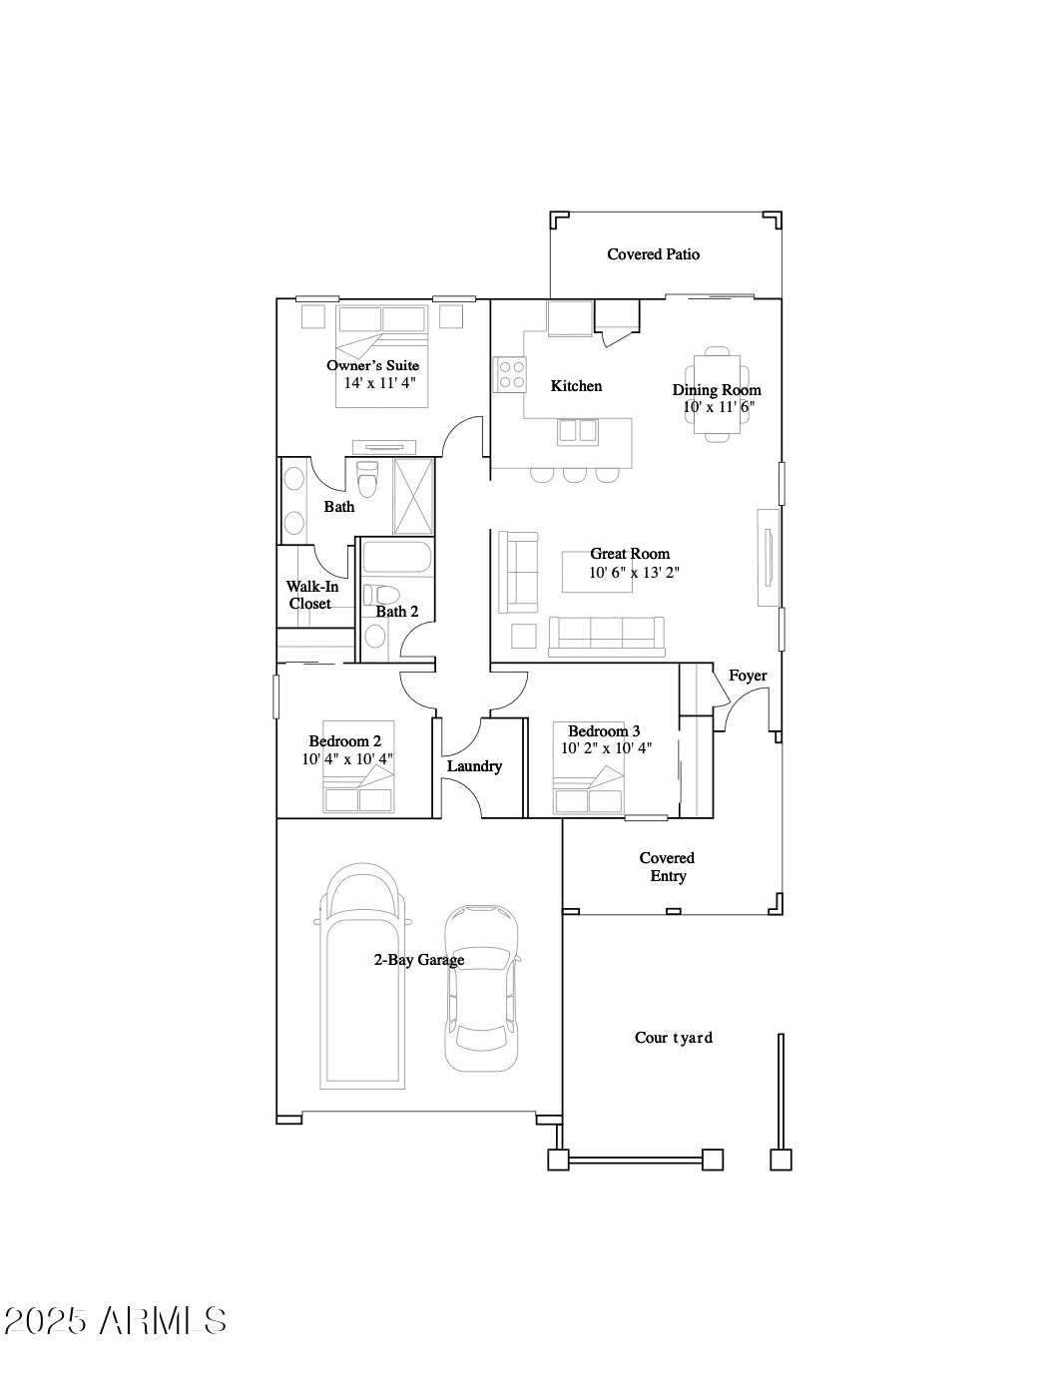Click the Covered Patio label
click(x=653, y=253)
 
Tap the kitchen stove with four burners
click(x=510, y=374)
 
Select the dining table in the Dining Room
click(x=717, y=394)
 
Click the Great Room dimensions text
click(x=634, y=572)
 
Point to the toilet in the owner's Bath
click(x=366, y=479)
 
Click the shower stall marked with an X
click(x=413, y=497)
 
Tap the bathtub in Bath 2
click(x=395, y=557)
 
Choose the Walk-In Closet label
click(x=311, y=595)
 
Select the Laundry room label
click(x=474, y=766)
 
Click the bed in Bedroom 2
click(x=358, y=766)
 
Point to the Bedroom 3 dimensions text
click(x=606, y=748)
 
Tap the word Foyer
click(x=748, y=676)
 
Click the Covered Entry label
click(x=667, y=866)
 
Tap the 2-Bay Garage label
click(x=419, y=960)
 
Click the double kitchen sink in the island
click(x=578, y=432)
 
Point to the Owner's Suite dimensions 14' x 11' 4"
click(x=379, y=382)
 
